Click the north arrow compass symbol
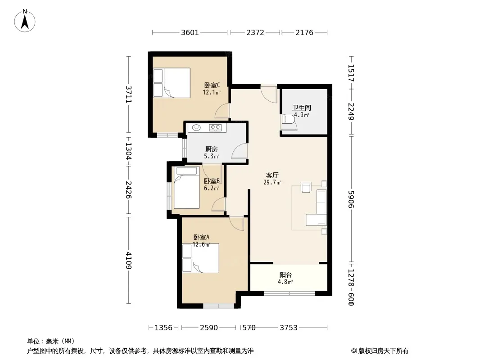point(25,21)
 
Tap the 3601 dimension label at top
point(190,32)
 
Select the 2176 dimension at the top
point(304,32)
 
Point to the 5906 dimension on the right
point(351,199)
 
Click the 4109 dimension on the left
point(129,260)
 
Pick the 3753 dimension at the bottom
point(289,328)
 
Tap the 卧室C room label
point(212,85)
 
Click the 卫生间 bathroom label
point(302,108)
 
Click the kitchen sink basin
point(196,127)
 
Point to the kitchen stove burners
point(215,127)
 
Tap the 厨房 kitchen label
point(212,149)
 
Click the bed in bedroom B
point(186,188)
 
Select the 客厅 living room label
point(272,175)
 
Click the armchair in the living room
point(306,187)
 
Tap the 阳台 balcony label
point(285,274)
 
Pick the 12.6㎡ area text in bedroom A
point(201,244)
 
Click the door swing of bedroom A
point(236,223)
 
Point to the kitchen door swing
point(240,151)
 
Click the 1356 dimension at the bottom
point(163,328)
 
